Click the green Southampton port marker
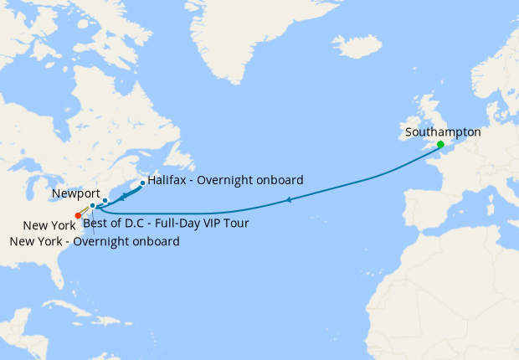click(440, 144)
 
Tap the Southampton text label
click(443, 132)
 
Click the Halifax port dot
click(143, 183)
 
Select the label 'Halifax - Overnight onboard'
click(225, 180)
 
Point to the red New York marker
click(78, 215)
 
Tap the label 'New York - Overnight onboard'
click(95, 242)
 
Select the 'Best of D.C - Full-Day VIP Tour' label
click(166, 224)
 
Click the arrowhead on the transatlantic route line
click(288, 199)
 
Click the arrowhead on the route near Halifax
click(123, 197)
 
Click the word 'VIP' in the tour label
click(209, 224)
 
